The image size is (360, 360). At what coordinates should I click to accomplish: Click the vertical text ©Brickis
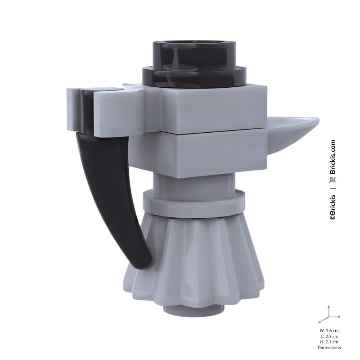click(333, 205)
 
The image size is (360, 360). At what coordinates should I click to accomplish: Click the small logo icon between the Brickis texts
click(333, 180)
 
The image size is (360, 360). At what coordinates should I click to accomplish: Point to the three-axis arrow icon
click(329, 315)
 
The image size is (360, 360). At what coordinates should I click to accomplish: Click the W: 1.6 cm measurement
click(329, 331)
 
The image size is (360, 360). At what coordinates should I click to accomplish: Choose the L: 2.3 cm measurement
click(329, 336)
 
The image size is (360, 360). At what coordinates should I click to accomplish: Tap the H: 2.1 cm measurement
click(329, 342)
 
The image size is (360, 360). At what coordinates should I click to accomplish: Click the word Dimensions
click(329, 347)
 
